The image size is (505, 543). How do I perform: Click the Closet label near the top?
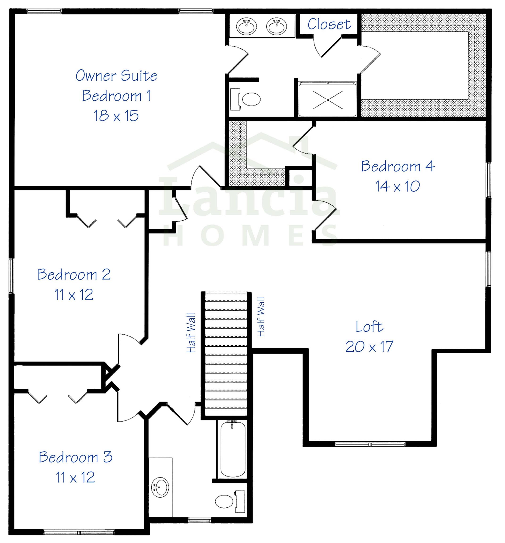click(x=329, y=24)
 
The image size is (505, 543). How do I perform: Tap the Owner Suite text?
click(x=116, y=75)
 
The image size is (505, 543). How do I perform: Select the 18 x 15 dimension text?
click(x=116, y=115)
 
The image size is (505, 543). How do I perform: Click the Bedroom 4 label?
click(x=398, y=166)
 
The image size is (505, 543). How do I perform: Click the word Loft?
click(x=369, y=327)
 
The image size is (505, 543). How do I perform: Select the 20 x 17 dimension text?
click(x=369, y=347)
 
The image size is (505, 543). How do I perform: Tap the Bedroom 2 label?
click(x=74, y=274)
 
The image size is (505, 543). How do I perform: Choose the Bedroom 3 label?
click(x=75, y=457)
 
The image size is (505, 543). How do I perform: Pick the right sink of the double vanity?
click(x=277, y=26)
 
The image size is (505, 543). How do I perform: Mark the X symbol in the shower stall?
click(x=328, y=100)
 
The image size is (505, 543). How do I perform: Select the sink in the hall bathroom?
click(x=160, y=488)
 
